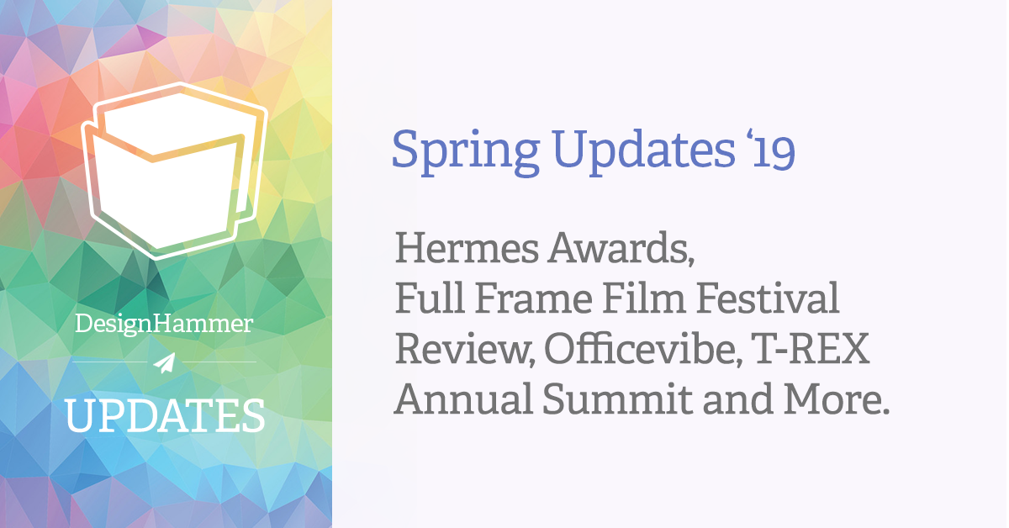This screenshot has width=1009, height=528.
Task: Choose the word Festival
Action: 764,299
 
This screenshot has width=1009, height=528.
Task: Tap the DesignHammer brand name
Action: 164,325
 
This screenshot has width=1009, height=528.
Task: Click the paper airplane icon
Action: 165,362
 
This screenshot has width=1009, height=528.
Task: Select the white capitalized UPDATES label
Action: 165,415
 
